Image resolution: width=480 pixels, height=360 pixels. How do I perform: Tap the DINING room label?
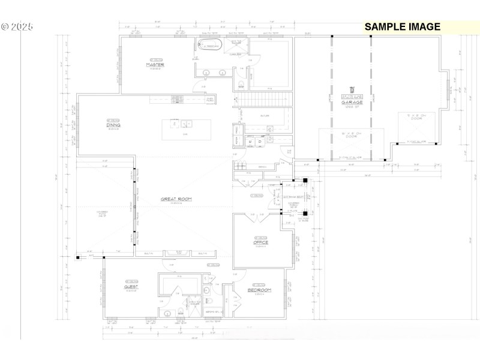pos(113,125)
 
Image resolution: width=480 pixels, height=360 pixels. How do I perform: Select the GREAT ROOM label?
pos(175,199)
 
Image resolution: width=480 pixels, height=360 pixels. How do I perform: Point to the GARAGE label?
pos(352,103)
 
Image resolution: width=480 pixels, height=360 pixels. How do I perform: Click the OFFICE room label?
pos(260,242)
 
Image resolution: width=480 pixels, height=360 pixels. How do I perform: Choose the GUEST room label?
pos(131,287)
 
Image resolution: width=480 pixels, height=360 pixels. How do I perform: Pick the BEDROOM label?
pos(260,290)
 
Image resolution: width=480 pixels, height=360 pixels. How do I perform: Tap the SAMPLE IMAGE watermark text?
pos(402,26)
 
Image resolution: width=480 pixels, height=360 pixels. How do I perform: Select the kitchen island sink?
pos(185,124)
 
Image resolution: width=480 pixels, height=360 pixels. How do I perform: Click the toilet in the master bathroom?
pos(241,84)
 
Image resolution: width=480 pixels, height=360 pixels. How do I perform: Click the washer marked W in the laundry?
pos(251,142)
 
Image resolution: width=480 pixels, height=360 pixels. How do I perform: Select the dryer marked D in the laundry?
pos(260,142)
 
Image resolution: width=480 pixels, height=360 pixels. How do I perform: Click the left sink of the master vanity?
pos(206,73)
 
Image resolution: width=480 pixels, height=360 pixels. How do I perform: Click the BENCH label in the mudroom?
pos(245,167)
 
